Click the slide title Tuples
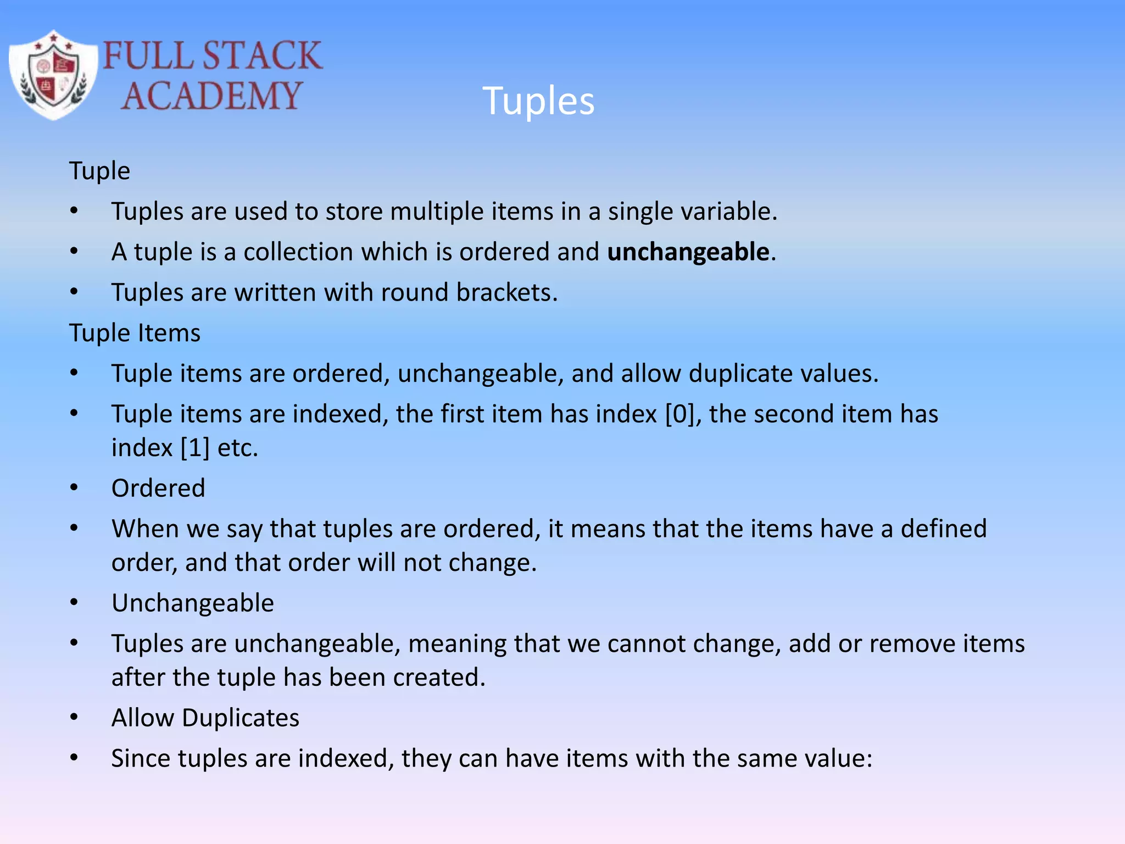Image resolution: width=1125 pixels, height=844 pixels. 538,101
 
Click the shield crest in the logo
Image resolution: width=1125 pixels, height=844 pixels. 53,75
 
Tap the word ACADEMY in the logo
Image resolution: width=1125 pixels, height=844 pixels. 211,96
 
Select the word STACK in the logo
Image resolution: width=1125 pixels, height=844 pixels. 262,55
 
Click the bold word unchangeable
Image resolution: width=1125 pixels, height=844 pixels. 688,252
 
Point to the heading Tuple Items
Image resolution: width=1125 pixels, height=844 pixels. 135,333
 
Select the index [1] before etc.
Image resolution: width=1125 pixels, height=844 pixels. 195,448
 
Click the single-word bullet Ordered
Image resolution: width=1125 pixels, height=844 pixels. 158,488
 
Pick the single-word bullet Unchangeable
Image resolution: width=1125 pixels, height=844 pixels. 192,603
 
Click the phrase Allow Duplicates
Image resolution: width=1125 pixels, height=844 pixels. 205,718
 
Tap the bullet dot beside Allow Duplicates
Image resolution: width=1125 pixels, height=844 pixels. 74,717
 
